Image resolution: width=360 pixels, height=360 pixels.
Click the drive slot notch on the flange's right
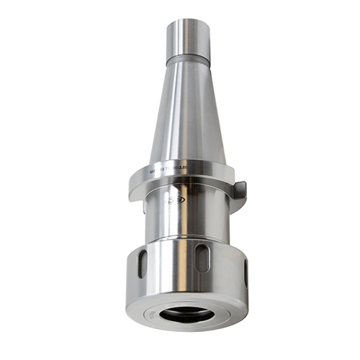coord(238,190)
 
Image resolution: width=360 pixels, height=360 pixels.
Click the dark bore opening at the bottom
coord(186,314)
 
